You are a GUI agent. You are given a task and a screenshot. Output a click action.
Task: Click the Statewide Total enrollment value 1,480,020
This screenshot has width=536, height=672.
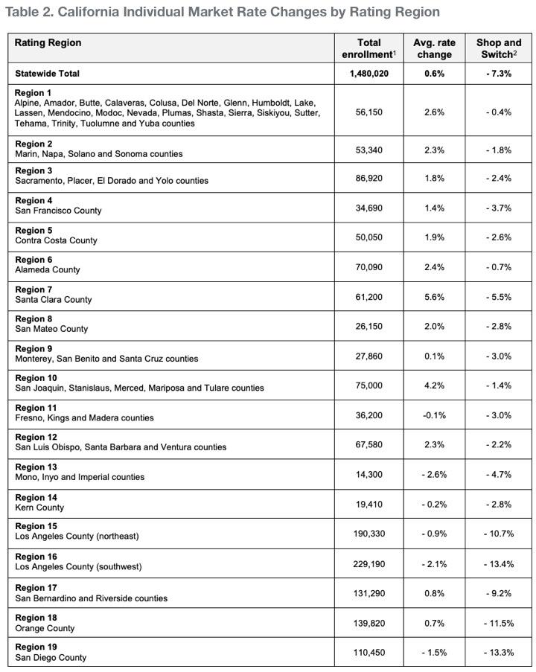coord(368,74)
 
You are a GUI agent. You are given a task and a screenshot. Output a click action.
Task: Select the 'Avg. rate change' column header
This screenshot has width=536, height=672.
coord(434,48)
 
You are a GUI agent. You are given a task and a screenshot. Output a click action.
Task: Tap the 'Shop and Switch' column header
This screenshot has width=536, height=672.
coord(498,48)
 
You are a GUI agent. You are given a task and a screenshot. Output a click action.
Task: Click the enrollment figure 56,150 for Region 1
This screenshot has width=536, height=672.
coord(368,112)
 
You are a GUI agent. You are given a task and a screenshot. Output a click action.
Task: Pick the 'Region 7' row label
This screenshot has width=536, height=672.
coord(33,289)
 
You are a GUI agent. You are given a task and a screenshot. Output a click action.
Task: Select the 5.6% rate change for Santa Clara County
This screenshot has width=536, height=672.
coord(434,297)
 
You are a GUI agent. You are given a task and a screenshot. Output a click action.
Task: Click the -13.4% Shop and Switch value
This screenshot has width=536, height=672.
coord(498,564)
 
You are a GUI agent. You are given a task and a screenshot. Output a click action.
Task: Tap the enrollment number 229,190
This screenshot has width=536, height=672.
coord(368,564)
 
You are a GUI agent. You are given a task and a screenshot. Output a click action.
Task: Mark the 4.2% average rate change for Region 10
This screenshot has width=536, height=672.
coord(434,385)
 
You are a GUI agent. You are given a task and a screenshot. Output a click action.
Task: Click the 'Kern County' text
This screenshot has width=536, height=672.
coord(39,508)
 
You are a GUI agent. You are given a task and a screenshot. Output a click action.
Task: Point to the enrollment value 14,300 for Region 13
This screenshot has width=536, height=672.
coord(368,475)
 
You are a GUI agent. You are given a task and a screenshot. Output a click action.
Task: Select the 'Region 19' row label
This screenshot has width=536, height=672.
coord(36,647)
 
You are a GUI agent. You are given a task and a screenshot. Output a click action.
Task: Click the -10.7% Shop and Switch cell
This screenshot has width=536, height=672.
coord(498,534)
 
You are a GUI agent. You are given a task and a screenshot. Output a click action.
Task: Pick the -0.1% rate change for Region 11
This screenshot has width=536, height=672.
coord(434,415)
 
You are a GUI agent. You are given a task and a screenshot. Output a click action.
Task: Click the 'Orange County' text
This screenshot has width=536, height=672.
coord(45,628)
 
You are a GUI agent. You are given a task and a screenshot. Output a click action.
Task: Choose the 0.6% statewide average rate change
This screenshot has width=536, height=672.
coord(434,74)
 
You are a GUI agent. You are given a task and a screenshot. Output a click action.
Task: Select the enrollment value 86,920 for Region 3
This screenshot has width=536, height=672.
coord(368,179)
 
